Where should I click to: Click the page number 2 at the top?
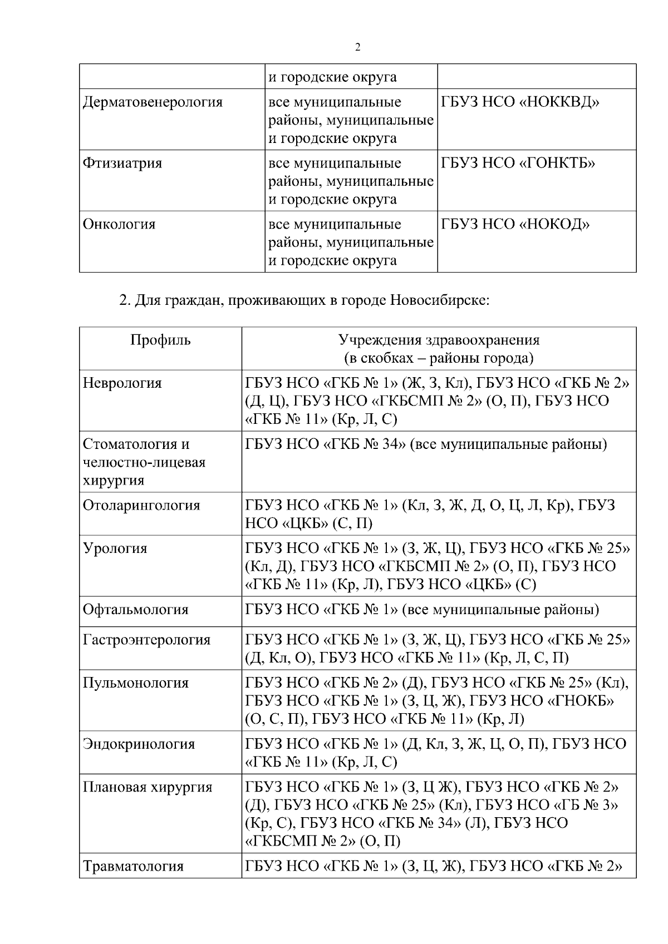(358, 47)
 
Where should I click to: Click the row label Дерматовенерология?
(153, 102)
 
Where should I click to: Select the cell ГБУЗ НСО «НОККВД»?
(520, 102)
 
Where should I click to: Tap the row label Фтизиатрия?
(122, 164)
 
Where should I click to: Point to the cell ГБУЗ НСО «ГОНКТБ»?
(518, 164)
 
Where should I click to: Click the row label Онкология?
(119, 225)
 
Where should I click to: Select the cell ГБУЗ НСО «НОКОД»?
(515, 225)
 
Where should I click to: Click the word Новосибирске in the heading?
(439, 301)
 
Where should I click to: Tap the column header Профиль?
(160, 340)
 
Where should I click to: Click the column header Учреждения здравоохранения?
(439, 340)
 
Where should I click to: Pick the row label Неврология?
(122, 383)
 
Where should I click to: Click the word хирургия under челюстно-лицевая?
(113, 481)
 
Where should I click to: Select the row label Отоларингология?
(141, 506)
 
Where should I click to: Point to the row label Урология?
(115, 548)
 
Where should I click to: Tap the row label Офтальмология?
(136, 610)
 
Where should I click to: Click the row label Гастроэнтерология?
(147, 640)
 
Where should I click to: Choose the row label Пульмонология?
(136, 683)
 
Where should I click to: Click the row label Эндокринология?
(139, 744)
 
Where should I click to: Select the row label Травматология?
(133, 866)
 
